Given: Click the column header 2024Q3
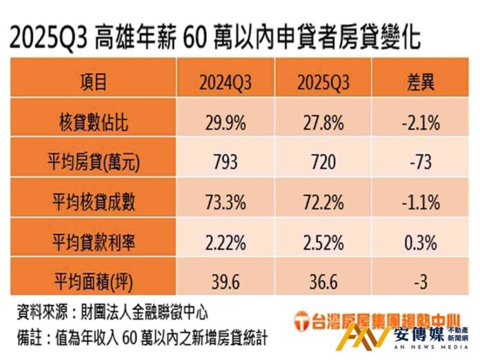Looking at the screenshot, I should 226,83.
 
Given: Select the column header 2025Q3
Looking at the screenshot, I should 323,83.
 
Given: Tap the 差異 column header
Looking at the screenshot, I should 419,83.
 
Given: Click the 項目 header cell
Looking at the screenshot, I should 93,83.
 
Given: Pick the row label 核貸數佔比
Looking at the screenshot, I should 93,122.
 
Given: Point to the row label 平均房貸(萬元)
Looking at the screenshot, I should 93,162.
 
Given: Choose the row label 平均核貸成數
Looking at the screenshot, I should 93,202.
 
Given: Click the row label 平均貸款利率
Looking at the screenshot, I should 93,241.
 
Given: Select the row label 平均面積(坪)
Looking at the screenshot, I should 93,281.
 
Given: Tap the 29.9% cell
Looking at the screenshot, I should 226,122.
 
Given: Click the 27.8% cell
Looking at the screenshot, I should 323,122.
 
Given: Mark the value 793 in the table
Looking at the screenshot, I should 226,162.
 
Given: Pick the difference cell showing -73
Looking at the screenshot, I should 419,162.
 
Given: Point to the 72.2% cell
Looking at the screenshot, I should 323,202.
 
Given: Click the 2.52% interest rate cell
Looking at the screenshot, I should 323,241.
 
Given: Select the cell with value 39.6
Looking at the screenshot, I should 226,281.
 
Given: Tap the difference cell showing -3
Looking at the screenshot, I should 419,281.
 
